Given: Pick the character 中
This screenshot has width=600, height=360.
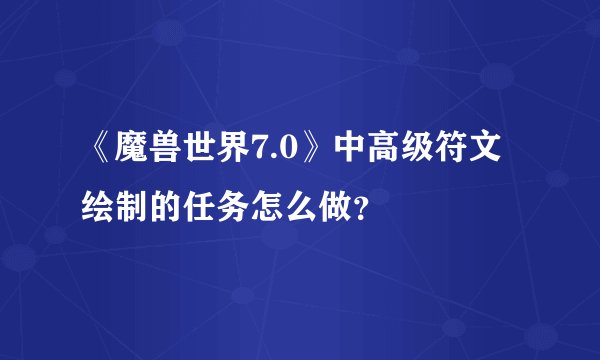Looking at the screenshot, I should click(356, 156).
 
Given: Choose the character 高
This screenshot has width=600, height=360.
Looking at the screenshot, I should click(391, 156).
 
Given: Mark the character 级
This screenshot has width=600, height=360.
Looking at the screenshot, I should click(427, 156).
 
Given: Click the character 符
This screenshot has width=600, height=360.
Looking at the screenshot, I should click(462, 156).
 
